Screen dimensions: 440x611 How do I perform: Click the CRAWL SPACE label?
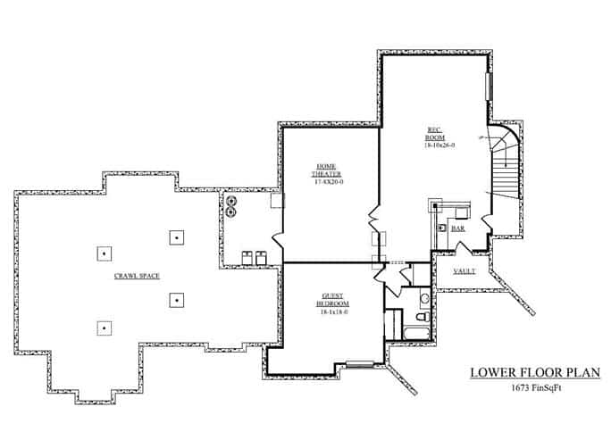click(x=137, y=276)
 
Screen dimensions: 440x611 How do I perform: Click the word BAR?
click(x=458, y=228)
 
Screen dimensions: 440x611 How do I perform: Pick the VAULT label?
click(x=464, y=270)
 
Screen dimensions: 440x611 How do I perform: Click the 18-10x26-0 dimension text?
click(x=440, y=145)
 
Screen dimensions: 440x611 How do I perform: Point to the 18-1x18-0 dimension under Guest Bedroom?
click(x=332, y=311)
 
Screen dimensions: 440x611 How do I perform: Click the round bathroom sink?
click(x=425, y=297)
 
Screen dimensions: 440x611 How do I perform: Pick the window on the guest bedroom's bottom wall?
click(x=360, y=362)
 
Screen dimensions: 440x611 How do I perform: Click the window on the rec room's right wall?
click(x=488, y=90)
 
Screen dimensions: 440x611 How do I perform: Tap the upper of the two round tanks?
click(x=232, y=202)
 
